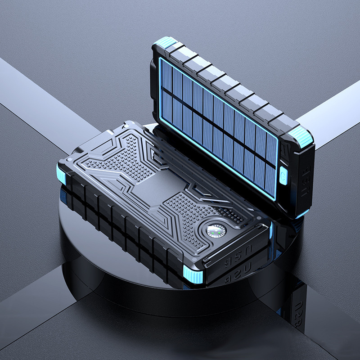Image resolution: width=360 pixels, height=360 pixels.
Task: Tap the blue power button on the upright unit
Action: pyautogui.click(x=283, y=175)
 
